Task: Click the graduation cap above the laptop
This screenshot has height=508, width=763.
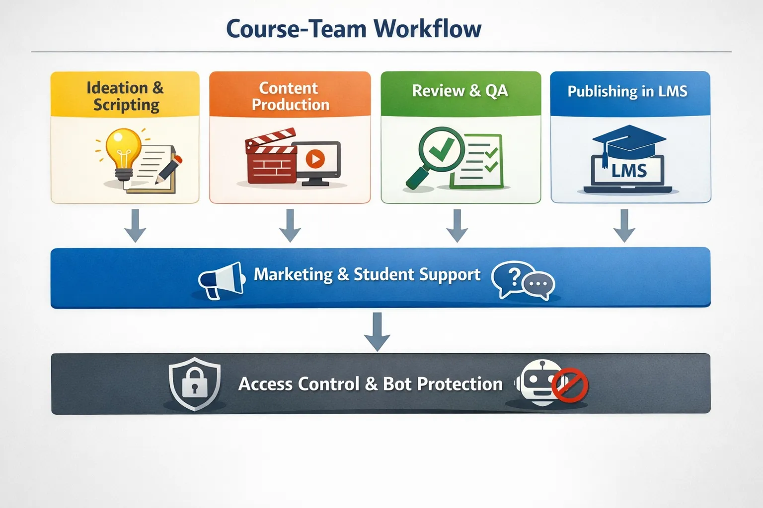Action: [x=628, y=141]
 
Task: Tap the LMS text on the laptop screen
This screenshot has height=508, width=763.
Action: [x=629, y=171]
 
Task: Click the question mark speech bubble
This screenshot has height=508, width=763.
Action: [x=513, y=277]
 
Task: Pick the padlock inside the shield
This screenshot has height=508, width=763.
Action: [x=194, y=382]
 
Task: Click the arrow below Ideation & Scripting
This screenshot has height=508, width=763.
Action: [x=135, y=226]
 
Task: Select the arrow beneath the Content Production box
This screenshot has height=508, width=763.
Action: [x=290, y=226]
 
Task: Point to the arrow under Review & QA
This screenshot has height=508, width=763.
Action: [x=457, y=226]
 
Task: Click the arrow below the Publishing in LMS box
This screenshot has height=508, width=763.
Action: [x=624, y=226]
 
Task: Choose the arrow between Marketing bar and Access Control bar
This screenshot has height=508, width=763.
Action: [x=377, y=331]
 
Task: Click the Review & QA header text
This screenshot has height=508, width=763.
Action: [x=460, y=91]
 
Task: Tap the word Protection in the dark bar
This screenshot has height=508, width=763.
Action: [x=459, y=384]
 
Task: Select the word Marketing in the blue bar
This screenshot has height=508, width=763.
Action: [x=293, y=274]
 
